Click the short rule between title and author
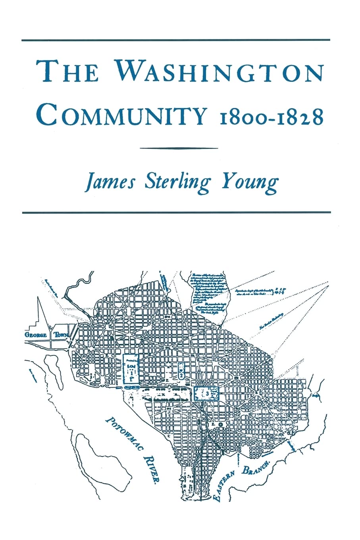coord(180,148)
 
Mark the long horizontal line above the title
coord(176,40)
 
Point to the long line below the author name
coord(176,212)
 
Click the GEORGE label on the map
coord(36,335)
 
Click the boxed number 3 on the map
coord(207,393)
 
